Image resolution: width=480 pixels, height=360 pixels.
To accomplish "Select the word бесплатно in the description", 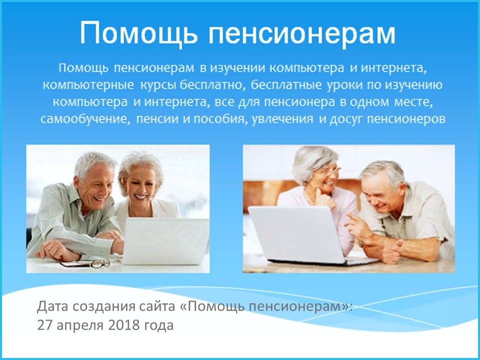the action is pos(212,85).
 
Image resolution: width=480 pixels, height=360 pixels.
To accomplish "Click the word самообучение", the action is pos(83,119).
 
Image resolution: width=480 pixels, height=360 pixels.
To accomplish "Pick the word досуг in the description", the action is pos(346,119).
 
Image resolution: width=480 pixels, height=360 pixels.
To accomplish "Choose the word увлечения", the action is pos(282,119).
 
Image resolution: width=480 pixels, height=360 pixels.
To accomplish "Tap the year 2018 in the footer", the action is pos(123,325).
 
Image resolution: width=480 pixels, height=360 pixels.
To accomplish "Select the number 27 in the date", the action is pos(44,325).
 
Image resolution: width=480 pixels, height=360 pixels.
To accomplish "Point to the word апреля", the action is pos(80,326).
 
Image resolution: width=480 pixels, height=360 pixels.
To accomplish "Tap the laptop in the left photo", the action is pos(165,241).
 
